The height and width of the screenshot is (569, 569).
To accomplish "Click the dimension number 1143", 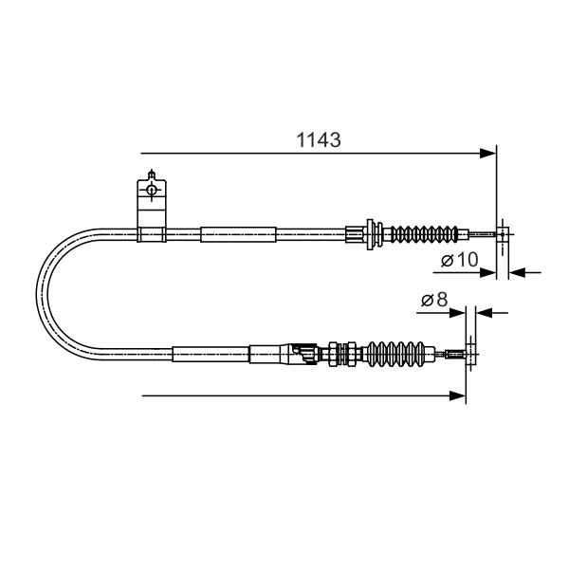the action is click(319, 140).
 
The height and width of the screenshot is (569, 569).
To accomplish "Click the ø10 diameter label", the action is click(460, 260).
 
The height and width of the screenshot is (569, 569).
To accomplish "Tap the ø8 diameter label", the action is click(434, 300).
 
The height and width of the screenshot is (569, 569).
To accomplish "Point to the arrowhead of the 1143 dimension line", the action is click(487, 153).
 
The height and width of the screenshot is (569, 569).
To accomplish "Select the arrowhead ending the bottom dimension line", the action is click(457, 395).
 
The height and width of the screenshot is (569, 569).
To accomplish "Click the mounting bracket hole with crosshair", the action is click(152, 190).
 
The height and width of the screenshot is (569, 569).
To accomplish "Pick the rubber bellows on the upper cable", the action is click(424, 234).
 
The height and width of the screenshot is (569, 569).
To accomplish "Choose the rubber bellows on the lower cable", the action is click(395, 354).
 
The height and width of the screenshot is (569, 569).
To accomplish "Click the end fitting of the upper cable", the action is click(503, 234).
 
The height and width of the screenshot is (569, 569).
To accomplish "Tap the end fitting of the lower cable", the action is click(470, 354).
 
